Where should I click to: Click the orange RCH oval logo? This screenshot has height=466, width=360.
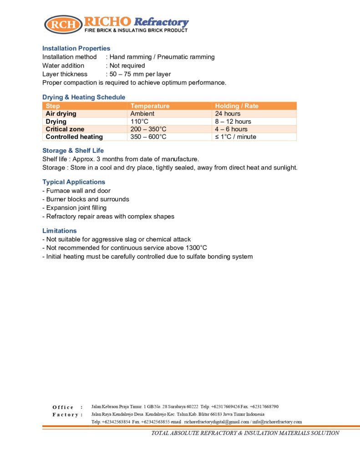click(63, 24)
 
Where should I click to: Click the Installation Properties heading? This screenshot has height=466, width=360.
click(76, 48)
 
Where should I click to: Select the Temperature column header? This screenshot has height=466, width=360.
click(150, 106)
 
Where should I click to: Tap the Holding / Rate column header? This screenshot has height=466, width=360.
click(236, 106)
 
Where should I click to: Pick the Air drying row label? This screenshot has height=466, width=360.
click(61, 114)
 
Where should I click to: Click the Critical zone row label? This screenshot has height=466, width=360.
click(65, 129)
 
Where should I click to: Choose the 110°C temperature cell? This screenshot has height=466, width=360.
click(140, 122)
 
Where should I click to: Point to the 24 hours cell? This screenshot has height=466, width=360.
click(228, 114)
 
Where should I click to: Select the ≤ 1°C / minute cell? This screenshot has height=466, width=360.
click(235, 137)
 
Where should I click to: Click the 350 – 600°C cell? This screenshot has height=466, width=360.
click(148, 137)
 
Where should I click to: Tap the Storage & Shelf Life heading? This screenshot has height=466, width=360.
click(73, 151)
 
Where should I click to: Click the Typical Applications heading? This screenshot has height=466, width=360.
click(73, 182)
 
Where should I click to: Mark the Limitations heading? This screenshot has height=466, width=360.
click(59, 231)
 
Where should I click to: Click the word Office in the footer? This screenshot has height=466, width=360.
click(63, 407)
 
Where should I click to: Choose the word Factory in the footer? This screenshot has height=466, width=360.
click(65, 415)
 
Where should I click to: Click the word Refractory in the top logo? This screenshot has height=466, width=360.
click(162, 22)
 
